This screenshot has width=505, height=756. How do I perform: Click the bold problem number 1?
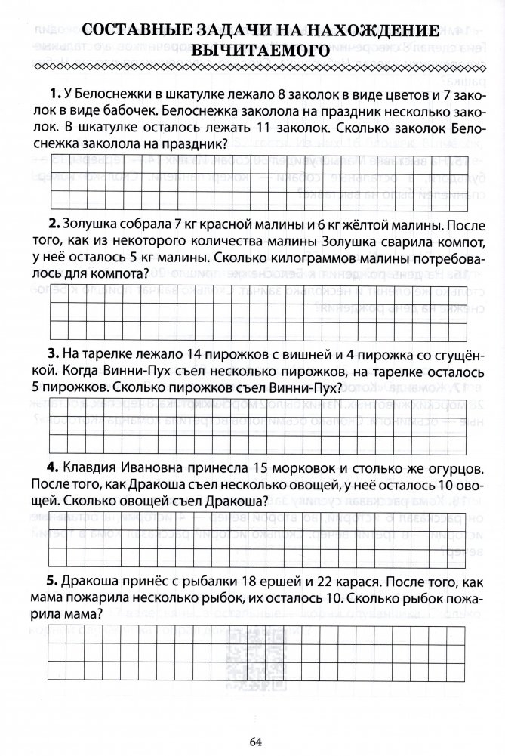(x=53, y=94)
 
